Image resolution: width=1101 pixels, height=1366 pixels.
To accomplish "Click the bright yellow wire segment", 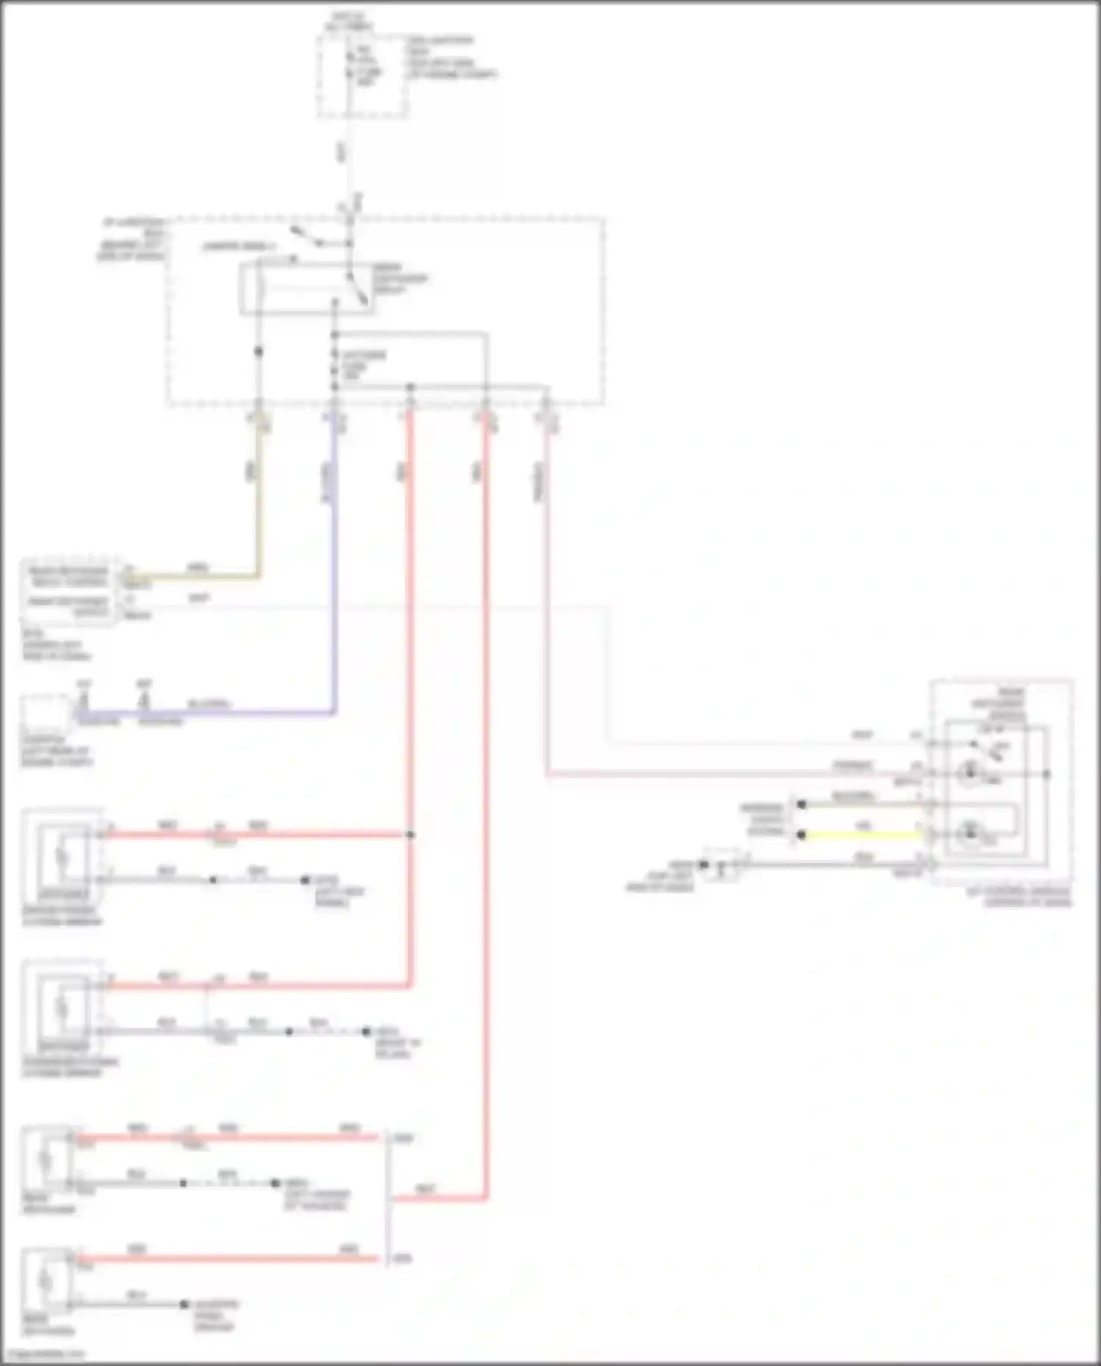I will [859, 835].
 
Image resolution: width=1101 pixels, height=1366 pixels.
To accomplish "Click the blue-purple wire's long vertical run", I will [334, 573].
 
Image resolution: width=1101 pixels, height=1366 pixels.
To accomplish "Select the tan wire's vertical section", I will [258, 499].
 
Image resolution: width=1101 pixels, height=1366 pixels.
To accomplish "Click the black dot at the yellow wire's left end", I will [802, 835].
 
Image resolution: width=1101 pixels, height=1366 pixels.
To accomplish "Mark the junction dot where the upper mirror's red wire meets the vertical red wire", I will [410, 835].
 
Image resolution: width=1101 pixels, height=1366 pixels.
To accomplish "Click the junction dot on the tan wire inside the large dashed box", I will [258, 352].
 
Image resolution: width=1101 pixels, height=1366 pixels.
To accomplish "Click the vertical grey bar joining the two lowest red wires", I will [387, 1199].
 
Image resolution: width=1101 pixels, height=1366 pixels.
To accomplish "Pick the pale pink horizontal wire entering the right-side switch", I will [734, 774].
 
